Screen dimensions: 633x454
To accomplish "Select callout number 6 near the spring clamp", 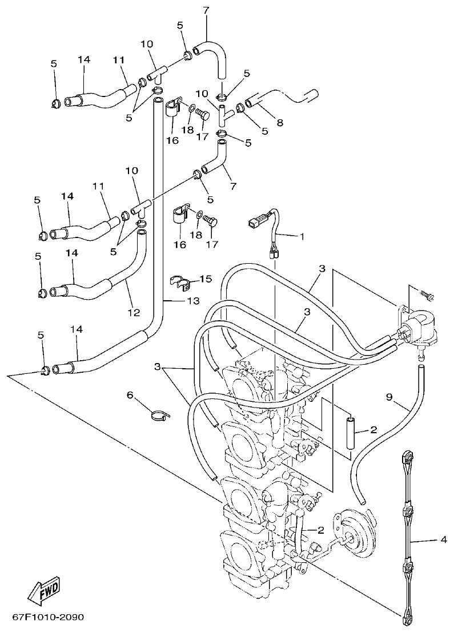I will (130, 394).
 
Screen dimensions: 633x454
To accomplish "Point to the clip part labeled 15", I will (179, 281).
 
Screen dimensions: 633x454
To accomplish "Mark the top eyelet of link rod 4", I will (408, 456).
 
